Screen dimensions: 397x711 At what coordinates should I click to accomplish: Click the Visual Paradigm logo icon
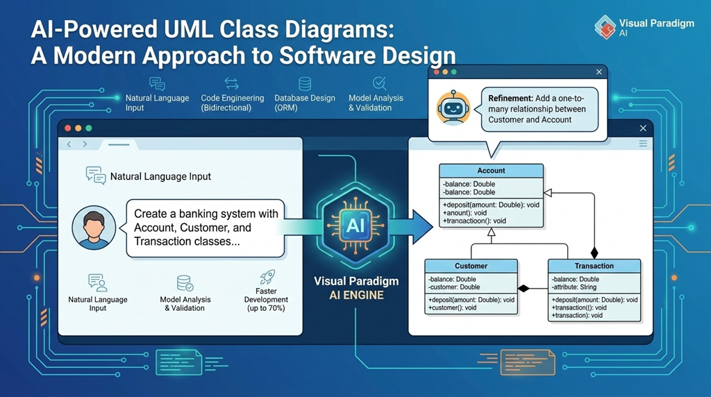605,27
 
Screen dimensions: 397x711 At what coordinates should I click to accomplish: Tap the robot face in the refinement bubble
449,108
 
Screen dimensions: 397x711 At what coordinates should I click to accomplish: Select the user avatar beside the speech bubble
93,227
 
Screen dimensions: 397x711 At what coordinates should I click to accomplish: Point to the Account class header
491,171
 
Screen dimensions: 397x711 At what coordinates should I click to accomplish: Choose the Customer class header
471,266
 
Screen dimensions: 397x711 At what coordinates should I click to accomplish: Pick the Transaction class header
594,266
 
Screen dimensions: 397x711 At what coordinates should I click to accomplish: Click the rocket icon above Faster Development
267,278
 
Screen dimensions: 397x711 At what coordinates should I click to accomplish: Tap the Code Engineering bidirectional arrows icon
232,84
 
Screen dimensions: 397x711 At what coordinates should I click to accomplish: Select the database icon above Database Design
304,84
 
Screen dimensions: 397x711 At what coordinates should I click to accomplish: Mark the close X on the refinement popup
599,71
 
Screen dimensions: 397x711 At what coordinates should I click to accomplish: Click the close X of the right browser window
643,128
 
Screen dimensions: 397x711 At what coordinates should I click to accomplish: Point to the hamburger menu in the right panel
643,144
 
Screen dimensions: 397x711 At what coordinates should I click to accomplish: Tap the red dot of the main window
68,128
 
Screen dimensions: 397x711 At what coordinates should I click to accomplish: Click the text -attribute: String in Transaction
574,287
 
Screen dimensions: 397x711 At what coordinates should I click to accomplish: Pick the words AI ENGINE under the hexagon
355,295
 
